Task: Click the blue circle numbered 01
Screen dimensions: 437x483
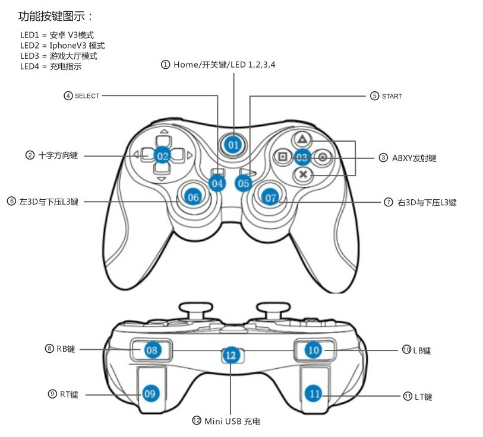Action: pyautogui.click(x=233, y=144)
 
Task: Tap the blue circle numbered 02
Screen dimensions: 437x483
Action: pyautogui.click(x=163, y=156)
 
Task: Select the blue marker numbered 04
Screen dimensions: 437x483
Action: pyautogui.click(x=218, y=183)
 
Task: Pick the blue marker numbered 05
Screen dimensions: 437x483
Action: pyautogui.click(x=244, y=183)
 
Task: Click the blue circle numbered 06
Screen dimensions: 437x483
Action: pyautogui.click(x=193, y=197)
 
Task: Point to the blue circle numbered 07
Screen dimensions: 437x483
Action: pyautogui.click(x=271, y=197)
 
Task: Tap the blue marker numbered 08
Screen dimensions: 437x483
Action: pyautogui.click(x=152, y=350)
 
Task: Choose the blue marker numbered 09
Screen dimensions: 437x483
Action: pyautogui.click(x=150, y=393)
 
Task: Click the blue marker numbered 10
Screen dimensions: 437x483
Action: pyautogui.click(x=313, y=350)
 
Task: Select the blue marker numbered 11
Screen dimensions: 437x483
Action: pyautogui.click(x=315, y=393)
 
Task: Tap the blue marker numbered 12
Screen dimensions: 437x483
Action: pyautogui.click(x=232, y=356)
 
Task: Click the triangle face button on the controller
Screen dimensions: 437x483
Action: pyautogui.click(x=302, y=140)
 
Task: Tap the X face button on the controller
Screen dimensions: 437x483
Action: pyautogui.click(x=303, y=174)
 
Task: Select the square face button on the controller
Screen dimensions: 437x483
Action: pyautogui.click(x=283, y=157)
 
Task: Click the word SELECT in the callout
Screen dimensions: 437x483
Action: pyautogui.click(x=87, y=95)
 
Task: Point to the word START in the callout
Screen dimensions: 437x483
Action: pyautogui.click(x=392, y=96)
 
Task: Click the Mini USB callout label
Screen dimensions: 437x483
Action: pyautogui.click(x=232, y=421)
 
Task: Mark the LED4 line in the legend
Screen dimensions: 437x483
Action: pyautogui.click(x=50, y=66)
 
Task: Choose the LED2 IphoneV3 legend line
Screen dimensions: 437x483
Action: pyautogui.click(x=62, y=46)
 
